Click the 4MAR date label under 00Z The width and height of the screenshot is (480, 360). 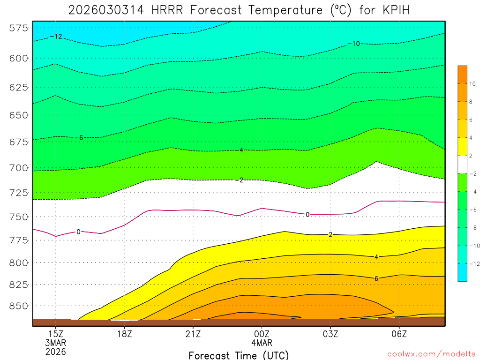coord(262,342)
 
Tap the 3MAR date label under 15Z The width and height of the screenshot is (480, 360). coord(56,342)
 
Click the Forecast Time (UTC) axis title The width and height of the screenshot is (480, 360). coord(239,355)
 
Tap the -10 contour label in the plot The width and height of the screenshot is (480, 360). coord(354,44)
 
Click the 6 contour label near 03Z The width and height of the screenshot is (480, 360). coord(376,278)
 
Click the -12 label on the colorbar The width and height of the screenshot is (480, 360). coord(473,263)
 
